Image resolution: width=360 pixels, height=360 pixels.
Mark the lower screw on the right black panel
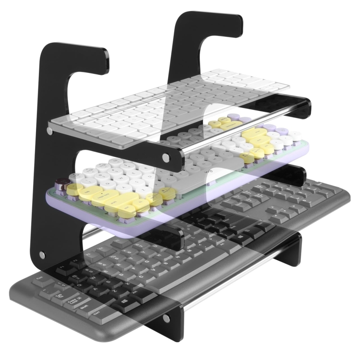[166, 318]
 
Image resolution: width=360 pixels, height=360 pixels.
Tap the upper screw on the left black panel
[50, 130]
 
